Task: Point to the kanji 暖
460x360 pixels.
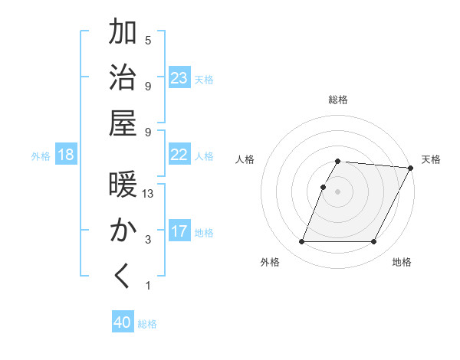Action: pos(123,185)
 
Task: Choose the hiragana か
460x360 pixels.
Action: pos(123,231)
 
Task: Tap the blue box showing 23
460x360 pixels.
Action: pos(179,78)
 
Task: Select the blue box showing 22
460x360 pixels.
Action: pos(179,155)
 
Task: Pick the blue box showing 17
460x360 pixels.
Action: pos(179,231)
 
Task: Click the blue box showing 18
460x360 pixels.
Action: pos(66,155)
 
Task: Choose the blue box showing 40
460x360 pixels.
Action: pos(123,322)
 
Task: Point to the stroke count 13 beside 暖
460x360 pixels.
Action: pos(149,194)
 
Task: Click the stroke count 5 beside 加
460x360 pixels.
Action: pos(148,40)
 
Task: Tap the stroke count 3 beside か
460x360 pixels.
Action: pos(148,240)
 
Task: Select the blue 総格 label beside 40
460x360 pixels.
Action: pos(147,324)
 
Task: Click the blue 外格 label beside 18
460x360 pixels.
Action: pos(41,156)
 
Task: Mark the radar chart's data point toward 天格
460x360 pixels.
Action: pos(411,168)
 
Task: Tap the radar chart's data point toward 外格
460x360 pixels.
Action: pos(301,242)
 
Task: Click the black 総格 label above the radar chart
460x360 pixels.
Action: pos(337,100)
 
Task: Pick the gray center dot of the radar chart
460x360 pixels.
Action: pos(337,191)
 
